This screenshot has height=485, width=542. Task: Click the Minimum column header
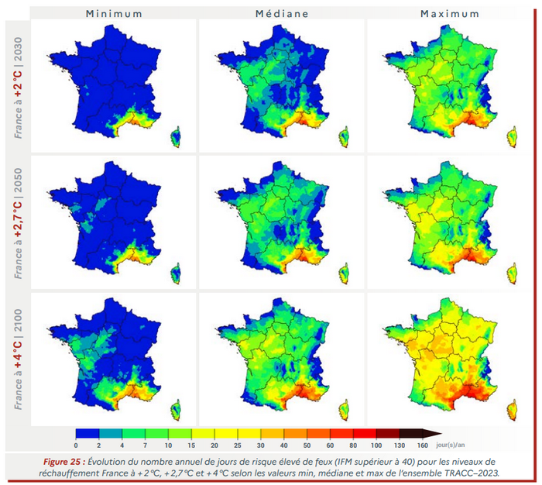pos(114,14)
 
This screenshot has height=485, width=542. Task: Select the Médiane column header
pos(282,14)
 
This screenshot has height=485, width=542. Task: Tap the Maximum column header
pos(450,14)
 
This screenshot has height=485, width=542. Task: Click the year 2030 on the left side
pos(18,50)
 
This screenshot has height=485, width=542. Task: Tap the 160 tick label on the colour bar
pos(423,445)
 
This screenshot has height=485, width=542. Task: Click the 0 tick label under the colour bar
pos(76,445)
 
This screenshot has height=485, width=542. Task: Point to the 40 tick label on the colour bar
pos(284,445)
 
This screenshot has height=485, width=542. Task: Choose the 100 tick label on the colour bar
pos(376,445)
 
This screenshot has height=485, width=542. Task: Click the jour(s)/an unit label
pos(451,445)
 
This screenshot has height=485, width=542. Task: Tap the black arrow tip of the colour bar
pos(442,433)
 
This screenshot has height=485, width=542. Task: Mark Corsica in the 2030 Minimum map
pos(176,137)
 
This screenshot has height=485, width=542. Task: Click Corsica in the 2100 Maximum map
pos(513,411)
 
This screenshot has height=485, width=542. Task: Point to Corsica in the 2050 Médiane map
pos(344,273)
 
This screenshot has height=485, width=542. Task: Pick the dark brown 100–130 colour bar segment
pos(387,433)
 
